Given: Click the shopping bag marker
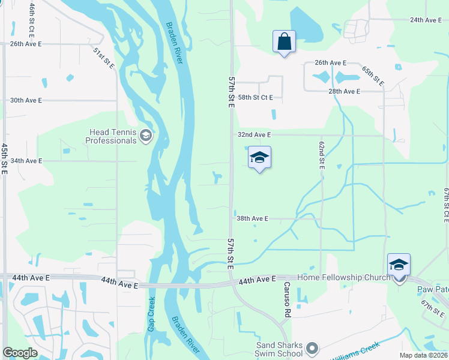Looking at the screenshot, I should tap(284, 42).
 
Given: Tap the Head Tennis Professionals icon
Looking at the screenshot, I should tap(145, 136).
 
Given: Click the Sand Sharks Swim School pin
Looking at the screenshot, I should tap(312, 348).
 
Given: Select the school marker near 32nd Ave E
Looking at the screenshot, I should tap(259, 158).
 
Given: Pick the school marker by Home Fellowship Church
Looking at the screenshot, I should tap(399, 265).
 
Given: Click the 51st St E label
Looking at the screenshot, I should tap(103, 56).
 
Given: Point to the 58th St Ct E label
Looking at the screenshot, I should tap(255, 97).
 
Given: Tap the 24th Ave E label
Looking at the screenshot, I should tap(426, 20).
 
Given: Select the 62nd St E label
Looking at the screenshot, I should tap(321, 154).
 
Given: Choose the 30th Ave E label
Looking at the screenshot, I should tap(26, 100).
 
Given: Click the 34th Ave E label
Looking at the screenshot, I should tap(26, 161).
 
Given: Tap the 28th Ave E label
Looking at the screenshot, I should tap(345, 91).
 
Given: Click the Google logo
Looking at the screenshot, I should tap(20, 353).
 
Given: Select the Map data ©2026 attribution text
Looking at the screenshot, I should tap(423, 355).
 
